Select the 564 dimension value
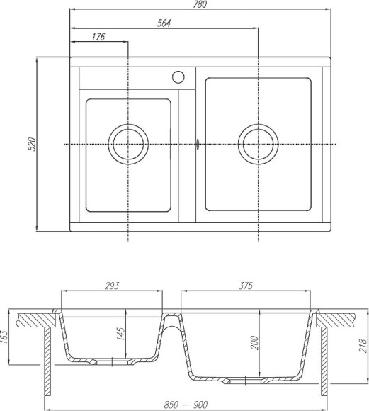[164, 22]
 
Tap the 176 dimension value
[98, 37]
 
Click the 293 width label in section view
[111, 286]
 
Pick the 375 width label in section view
[246, 286]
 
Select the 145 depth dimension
[122, 331]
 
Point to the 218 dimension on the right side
[363, 346]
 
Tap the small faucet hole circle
[178, 76]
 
